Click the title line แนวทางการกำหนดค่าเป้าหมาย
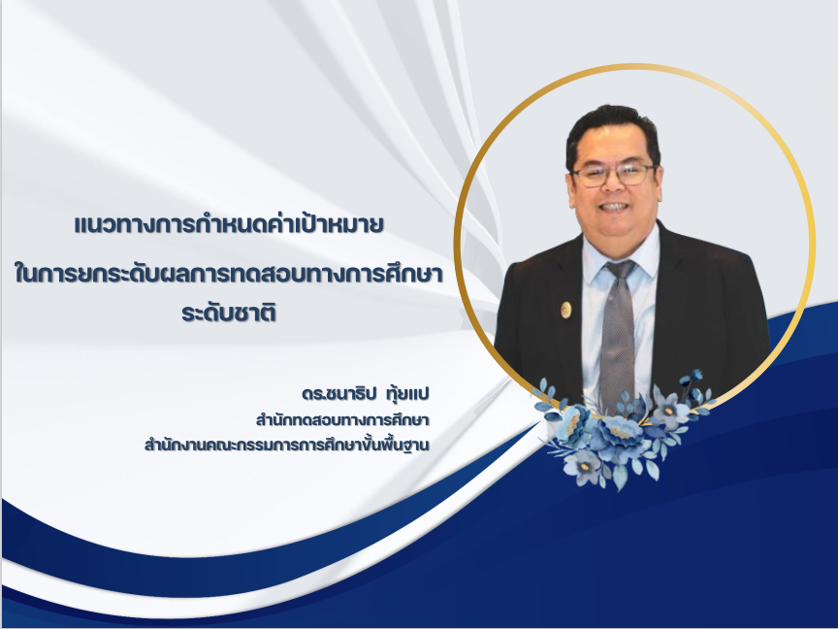click(229, 225)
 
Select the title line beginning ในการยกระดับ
click(229, 274)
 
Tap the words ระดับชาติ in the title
click(229, 313)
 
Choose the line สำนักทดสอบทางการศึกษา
click(342, 420)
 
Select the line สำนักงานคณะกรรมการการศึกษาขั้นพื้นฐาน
click(287, 445)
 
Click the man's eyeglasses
click(614, 175)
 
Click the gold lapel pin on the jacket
click(565, 309)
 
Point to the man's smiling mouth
click(613, 207)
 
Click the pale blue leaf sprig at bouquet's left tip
click(544, 392)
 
